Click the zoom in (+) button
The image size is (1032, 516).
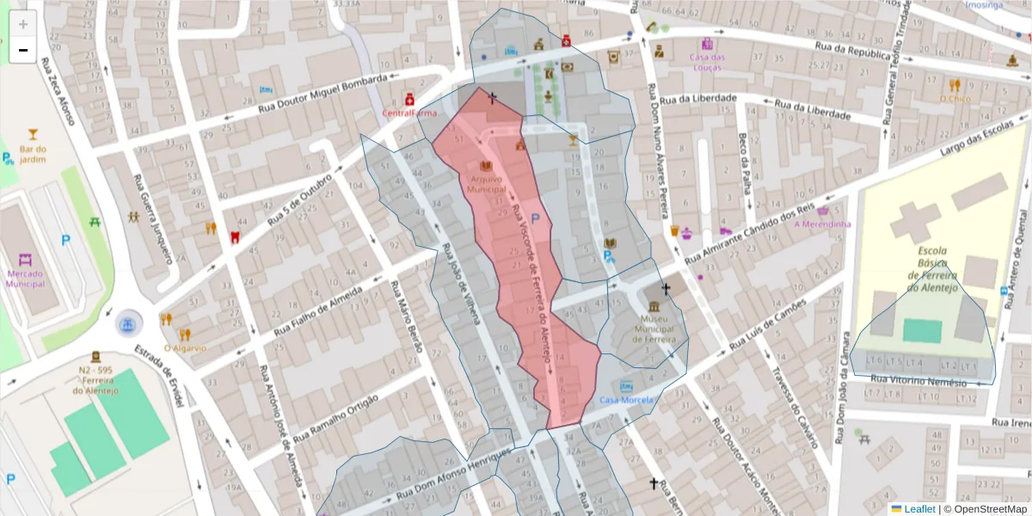23,23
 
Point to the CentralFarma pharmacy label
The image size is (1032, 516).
409,113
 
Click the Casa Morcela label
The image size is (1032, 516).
627,400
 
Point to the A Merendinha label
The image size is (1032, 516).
822,224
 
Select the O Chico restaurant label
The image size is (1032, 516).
955,99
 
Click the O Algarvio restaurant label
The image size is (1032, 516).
183,348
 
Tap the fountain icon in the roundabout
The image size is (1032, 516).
127,324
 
